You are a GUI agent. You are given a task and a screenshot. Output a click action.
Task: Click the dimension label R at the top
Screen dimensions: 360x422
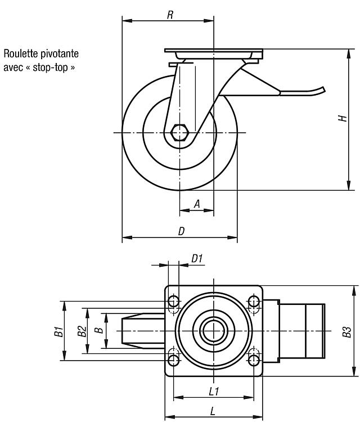pos(170,15)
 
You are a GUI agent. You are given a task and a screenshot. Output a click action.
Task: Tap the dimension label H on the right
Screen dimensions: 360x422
pos(343,118)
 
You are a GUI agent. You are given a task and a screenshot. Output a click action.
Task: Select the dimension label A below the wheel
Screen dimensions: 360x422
pos(197,204)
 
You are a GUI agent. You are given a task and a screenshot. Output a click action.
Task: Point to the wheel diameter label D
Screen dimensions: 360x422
pos(181,231)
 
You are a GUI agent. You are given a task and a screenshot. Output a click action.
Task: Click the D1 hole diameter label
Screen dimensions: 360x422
pos(197,259)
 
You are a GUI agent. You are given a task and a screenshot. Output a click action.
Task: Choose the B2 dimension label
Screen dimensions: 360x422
pos(82,331)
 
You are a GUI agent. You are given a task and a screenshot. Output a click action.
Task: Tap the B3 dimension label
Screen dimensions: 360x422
pos(346,331)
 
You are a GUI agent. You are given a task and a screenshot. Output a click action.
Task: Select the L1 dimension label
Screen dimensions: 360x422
pos(214,391)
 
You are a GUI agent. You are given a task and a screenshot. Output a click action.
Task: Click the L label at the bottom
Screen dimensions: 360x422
pos(213,411)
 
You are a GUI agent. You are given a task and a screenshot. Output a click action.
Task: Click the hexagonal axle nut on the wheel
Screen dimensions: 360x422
pos(179,132)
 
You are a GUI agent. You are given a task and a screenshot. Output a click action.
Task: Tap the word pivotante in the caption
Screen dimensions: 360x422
pos(60,54)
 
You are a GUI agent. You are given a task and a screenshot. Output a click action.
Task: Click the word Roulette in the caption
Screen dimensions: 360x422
pos(21,53)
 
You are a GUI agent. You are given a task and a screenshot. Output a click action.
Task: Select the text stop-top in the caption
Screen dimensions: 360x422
pos(50,68)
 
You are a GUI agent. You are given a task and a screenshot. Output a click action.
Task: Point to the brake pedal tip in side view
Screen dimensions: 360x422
pos(323,89)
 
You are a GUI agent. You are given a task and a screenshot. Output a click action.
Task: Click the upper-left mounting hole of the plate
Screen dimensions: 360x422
pos(173,301)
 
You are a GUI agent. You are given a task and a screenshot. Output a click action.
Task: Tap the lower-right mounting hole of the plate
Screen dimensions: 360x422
pos(254,360)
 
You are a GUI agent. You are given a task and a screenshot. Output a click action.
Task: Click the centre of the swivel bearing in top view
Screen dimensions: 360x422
pos(214,331)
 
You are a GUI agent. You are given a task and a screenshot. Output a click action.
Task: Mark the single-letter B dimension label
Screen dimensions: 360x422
pos(100,330)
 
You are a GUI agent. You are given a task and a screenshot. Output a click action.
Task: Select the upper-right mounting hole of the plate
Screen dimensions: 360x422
pos(254,301)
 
